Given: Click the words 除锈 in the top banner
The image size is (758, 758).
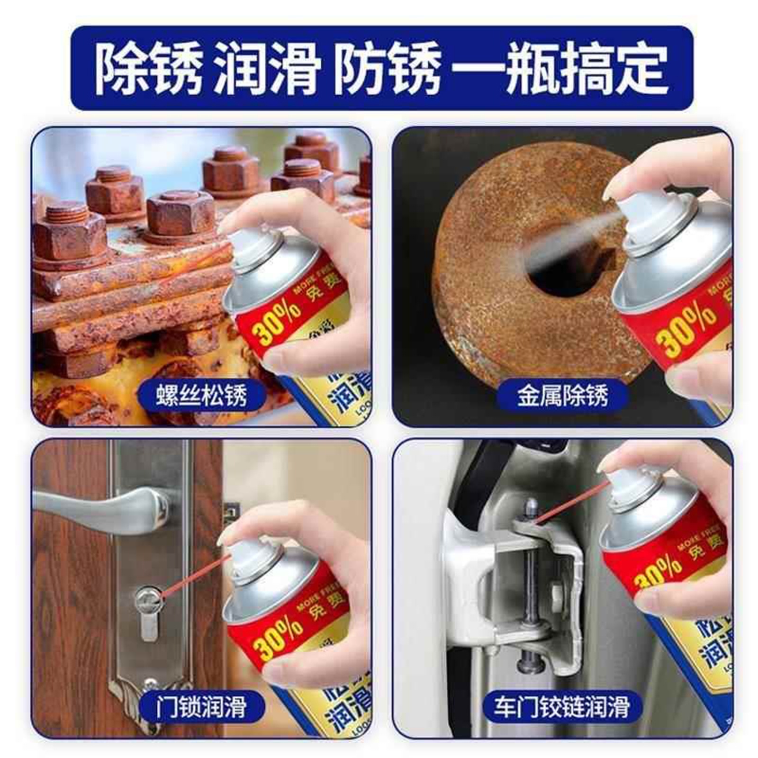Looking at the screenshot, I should point(149,69).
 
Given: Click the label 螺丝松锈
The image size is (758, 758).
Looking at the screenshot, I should point(201,396).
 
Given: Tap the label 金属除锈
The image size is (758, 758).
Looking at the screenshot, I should point(562,396).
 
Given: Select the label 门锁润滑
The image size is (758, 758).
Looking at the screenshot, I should point(201,707).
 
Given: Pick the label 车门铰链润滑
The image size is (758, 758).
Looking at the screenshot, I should point(562,707).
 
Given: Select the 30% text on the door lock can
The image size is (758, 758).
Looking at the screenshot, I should point(277,635).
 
